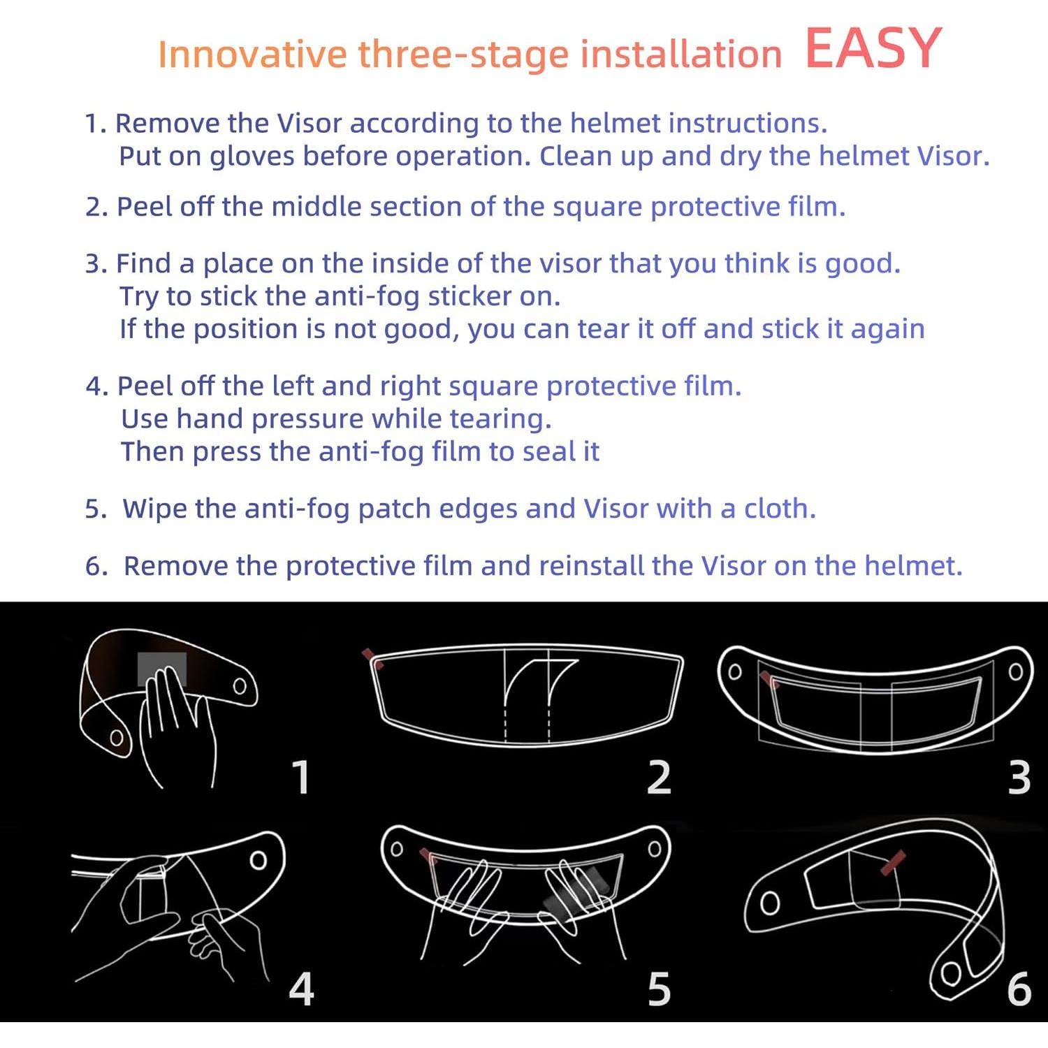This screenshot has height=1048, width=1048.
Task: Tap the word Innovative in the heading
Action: coord(252,54)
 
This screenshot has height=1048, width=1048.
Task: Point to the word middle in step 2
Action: coord(316,207)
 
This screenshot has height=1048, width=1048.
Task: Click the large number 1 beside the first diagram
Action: coord(301,777)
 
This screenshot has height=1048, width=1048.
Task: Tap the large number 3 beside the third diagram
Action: coord(1019,777)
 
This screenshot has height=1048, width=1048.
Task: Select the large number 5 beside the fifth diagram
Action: coord(659,989)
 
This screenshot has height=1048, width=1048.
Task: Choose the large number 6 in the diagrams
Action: coord(1019,989)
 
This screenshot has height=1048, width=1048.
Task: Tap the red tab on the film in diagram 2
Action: coord(371,657)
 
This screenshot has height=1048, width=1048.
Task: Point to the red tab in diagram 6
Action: coord(893,862)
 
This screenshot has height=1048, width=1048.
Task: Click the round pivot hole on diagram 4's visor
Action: coord(259,859)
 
